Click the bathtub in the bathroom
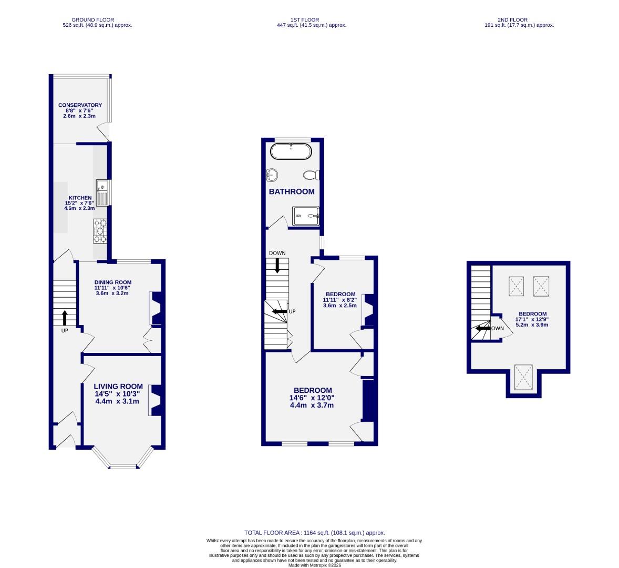pos(291,151)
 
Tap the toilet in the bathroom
pos(310,175)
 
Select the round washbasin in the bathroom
pos(272,174)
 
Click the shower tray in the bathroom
pos(306,215)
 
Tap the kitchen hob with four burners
pos(100,231)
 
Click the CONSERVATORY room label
pos(80,105)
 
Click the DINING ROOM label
pos(112,282)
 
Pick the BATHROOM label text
pos(292,192)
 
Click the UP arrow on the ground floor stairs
pos(65,318)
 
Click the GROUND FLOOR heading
pos(93,20)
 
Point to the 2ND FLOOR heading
pos(519,20)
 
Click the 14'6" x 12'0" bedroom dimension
pos(312,398)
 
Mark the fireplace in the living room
pos(155,400)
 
